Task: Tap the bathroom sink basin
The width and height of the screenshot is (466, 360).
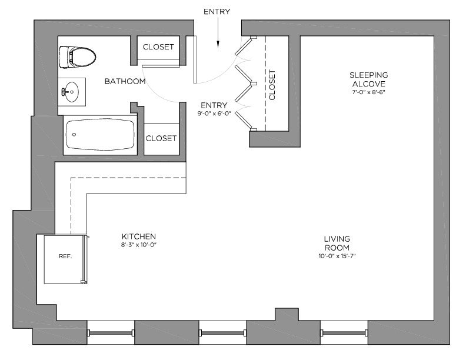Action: [72, 92]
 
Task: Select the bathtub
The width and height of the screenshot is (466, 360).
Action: [100, 135]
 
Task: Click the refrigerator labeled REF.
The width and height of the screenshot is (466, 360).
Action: [65, 257]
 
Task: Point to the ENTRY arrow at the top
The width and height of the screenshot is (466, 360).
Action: [217, 35]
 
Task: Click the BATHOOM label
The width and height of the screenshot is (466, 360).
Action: [125, 81]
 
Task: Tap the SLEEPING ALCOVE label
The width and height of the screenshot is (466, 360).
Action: [368, 79]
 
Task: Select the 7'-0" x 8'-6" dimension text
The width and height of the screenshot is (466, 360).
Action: [368, 92]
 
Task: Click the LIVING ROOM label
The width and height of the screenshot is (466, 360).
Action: [337, 244]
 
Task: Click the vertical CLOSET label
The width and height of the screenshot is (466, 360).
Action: [272, 85]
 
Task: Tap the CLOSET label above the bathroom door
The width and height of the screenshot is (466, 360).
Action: [159, 47]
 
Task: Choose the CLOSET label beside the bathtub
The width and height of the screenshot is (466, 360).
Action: [161, 139]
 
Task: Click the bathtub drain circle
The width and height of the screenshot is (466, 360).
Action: [74, 135]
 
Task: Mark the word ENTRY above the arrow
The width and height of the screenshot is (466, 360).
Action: [217, 11]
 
